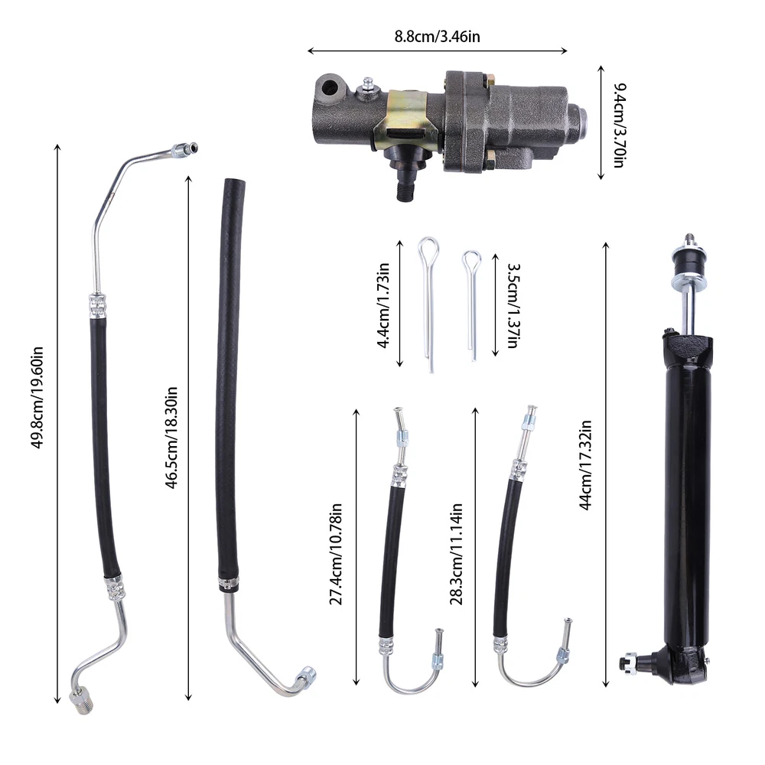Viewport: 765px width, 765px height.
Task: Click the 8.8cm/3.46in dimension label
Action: (437, 37)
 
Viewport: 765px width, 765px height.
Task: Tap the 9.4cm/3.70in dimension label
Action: (619, 125)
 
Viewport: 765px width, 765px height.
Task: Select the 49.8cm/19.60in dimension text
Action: (37, 397)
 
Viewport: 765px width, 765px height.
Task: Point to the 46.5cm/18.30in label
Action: (171, 437)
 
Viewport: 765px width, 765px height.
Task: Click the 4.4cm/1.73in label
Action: (383, 305)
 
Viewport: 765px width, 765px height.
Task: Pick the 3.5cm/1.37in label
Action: (513, 305)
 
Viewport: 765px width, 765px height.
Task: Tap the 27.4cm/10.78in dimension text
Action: (336, 554)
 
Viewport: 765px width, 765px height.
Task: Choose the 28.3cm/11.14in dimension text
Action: (456, 554)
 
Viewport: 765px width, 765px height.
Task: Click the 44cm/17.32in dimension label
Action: (585, 464)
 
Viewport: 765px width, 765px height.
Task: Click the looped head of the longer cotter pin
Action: (428, 249)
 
